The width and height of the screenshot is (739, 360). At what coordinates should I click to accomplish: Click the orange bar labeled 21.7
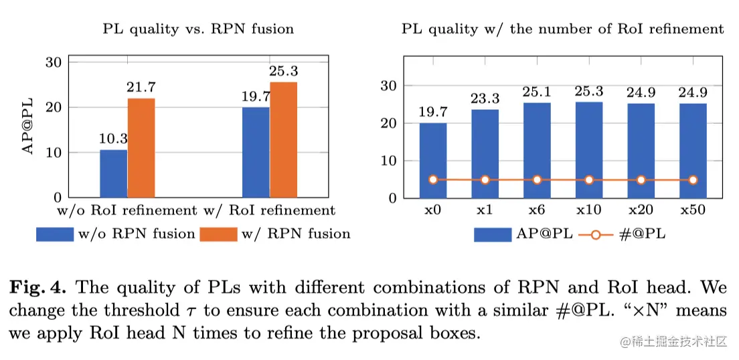click(141, 148)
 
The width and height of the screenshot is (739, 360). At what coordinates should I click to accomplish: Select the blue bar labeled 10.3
click(113, 173)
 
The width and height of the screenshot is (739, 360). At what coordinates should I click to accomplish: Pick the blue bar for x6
click(537, 150)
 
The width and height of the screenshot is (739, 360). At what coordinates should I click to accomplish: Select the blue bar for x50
click(693, 151)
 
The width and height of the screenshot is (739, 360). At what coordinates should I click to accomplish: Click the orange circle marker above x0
click(433, 179)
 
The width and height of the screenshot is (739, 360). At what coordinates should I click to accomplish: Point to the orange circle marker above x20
click(641, 179)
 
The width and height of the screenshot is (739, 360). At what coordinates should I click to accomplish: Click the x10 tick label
click(588, 209)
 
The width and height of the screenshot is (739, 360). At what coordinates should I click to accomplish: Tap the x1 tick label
click(485, 209)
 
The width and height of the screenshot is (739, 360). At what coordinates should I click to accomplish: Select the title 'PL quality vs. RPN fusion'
click(198, 29)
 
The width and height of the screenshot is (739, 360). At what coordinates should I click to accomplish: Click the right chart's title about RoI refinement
click(562, 29)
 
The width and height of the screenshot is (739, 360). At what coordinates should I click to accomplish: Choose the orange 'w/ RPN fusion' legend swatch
click(218, 234)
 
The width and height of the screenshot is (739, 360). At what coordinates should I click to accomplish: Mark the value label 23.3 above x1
click(485, 99)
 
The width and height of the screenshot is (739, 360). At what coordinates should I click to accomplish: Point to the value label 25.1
click(537, 92)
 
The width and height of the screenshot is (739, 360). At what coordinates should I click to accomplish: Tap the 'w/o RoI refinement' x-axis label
click(125, 210)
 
